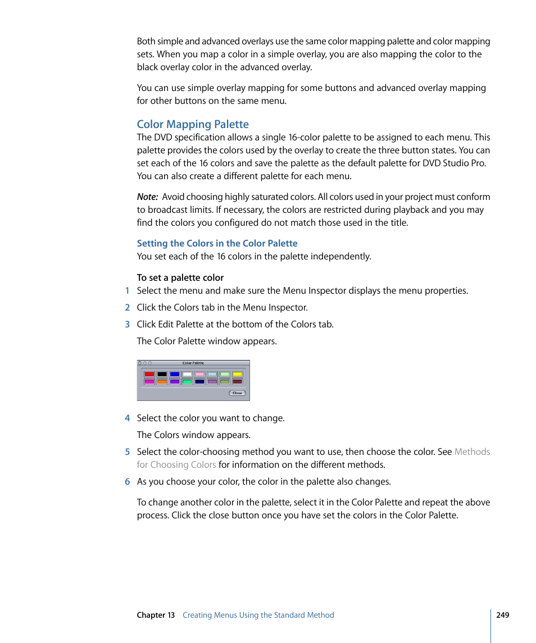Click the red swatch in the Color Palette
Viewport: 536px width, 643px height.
(149, 374)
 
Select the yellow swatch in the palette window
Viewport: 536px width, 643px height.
(237, 374)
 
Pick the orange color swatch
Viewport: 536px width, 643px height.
(162, 381)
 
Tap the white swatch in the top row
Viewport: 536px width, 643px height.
(187, 374)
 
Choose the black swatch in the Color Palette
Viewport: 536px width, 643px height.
(162, 374)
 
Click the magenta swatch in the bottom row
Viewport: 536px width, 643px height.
(149, 381)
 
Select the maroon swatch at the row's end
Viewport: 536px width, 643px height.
(237, 381)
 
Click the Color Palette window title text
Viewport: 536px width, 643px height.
(193, 363)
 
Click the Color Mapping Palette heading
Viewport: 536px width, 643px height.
(193, 124)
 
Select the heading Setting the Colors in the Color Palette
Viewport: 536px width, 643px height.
(217, 243)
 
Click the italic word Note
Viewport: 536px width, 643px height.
(147, 197)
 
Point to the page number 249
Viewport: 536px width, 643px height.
(502, 615)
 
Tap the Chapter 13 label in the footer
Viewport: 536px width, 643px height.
(156, 615)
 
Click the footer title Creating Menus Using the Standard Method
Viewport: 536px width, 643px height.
(258, 615)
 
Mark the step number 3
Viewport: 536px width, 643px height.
(127, 324)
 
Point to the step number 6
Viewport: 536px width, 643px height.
(127, 481)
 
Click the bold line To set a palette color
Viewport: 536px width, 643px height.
(180, 277)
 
